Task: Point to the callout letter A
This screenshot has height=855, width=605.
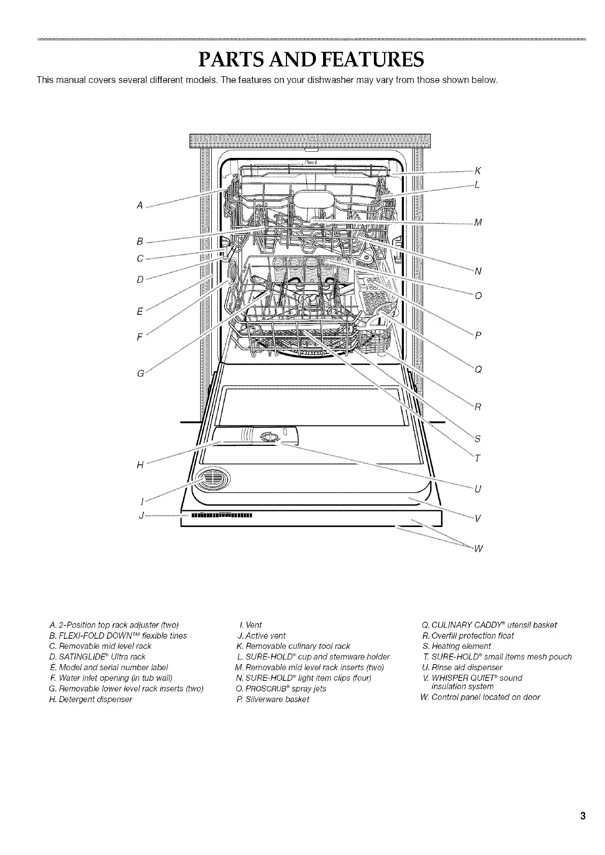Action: coord(139,205)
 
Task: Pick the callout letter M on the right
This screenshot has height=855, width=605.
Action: coord(477,222)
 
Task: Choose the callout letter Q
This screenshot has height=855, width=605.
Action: coord(477,369)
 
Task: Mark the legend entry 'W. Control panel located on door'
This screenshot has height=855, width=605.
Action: coord(480,697)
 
